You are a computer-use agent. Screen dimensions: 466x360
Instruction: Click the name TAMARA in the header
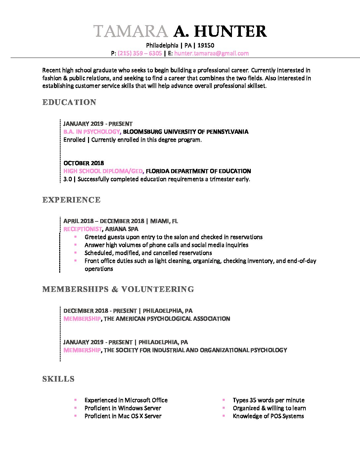pos(131,31)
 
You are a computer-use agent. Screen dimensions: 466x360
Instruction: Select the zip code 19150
pos(206,45)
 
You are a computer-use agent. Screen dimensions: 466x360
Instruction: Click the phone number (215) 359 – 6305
pos(140,53)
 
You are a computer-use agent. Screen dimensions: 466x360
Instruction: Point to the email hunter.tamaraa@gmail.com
pos(211,53)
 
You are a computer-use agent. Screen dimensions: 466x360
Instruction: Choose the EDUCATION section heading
pos(69,102)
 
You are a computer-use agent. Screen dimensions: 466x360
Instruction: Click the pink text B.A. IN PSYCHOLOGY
pos(91,132)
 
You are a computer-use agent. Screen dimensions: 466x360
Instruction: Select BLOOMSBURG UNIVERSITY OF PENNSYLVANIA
pos(186,132)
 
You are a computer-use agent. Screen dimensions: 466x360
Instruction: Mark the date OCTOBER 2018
pos(83,163)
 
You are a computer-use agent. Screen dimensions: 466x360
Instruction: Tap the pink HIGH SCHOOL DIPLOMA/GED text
pos(103,171)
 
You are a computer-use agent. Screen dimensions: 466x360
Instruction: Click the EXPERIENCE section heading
pos(71,200)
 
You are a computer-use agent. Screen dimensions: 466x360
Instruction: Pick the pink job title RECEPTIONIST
pos(83,229)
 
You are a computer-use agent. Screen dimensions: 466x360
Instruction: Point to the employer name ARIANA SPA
pos(121,229)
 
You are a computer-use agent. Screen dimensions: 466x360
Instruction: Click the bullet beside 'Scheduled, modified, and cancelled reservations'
pos(75,253)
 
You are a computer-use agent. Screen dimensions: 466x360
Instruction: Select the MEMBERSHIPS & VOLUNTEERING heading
pos(118,289)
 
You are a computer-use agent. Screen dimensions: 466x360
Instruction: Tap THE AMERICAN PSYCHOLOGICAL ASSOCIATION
pos(167,319)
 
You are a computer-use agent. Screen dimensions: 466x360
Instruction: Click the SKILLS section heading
pos(58,379)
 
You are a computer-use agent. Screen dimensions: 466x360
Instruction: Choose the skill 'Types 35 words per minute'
pos(268,400)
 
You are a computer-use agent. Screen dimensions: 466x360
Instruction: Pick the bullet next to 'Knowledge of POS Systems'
pos(224,416)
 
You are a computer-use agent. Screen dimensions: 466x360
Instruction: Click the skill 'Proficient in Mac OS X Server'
pos(123,416)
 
